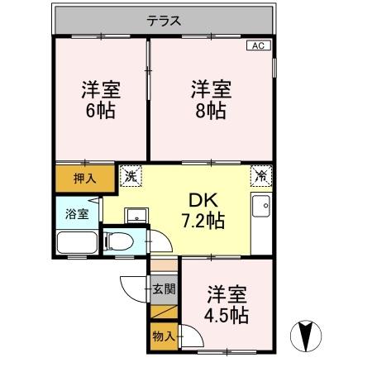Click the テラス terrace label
[x=164, y=21]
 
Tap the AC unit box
[x=259, y=45]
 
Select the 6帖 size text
[x=100, y=111]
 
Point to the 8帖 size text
[x=211, y=111]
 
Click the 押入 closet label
[x=85, y=179]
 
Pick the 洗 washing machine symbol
[x=131, y=176]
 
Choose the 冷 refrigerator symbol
[x=261, y=176]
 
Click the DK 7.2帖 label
[x=203, y=211]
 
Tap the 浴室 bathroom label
[x=77, y=214]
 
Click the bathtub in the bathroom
[x=77, y=242]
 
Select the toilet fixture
[x=118, y=241]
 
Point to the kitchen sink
[x=261, y=206]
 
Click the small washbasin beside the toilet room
[x=136, y=216]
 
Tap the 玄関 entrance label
[x=164, y=289]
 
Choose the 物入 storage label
[x=164, y=336]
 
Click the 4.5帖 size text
[x=227, y=316]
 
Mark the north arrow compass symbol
[x=306, y=336]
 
